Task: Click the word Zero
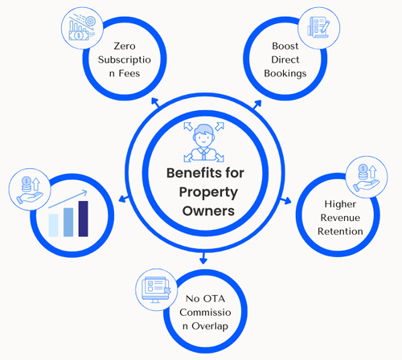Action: click(x=125, y=46)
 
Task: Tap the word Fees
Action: click(x=129, y=73)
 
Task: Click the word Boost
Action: click(x=285, y=46)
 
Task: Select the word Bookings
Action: click(x=285, y=74)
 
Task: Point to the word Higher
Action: click(x=340, y=204)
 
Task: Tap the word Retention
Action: click(x=340, y=231)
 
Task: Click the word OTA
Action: click(x=214, y=299)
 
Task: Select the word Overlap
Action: click(x=210, y=326)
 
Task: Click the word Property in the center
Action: click(x=208, y=193)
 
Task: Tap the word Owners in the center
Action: click(x=208, y=211)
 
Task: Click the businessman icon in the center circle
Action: click(x=203, y=142)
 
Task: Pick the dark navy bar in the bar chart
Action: click(x=83, y=219)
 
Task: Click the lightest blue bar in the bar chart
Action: click(x=54, y=225)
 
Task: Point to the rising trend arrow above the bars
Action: click(x=68, y=199)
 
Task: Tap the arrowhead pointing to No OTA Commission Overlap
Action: click(x=203, y=260)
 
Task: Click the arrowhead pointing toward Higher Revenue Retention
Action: click(x=288, y=201)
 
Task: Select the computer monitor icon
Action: click(x=156, y=290)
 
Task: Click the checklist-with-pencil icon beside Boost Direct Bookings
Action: click(x=318, y=27)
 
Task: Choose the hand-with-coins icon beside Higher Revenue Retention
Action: click(x=367, y=178)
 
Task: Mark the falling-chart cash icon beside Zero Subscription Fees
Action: click(x=82, y=27)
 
